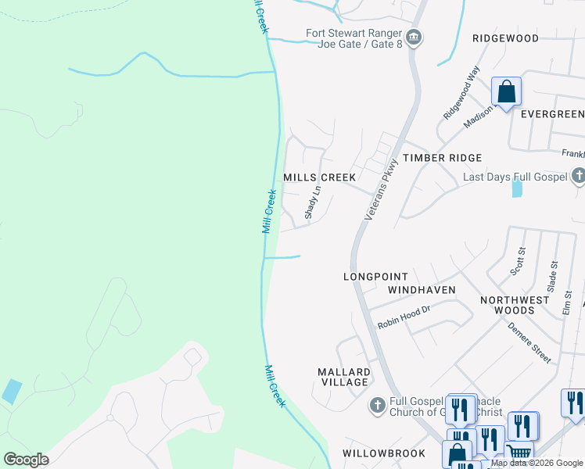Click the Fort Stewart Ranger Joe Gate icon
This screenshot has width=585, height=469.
click(x=415, y=37)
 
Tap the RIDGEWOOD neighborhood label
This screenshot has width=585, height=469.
click(x=505, y=38)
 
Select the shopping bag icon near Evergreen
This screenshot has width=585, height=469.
click(x=506, y=92)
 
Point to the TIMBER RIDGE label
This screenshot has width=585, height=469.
click(x=442, y=158)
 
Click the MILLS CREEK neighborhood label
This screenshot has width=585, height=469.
click(x=319, y=177)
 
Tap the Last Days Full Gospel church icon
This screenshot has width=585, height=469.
click(x=578, y=177)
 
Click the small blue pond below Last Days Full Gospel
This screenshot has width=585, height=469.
click(x=517, y=188)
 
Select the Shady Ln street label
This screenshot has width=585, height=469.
click(x=312, y=202)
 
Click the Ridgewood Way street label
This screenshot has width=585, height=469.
click(x=461, y=93)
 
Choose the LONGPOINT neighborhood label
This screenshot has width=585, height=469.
click(x=375, y=277)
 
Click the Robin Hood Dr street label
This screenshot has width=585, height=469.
click(x=404, y=315)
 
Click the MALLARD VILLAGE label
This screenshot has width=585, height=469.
click(x=343, y=377)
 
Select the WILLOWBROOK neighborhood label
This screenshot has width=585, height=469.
click(x=383, y=453)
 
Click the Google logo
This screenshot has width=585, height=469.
click(x=26, y=460)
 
